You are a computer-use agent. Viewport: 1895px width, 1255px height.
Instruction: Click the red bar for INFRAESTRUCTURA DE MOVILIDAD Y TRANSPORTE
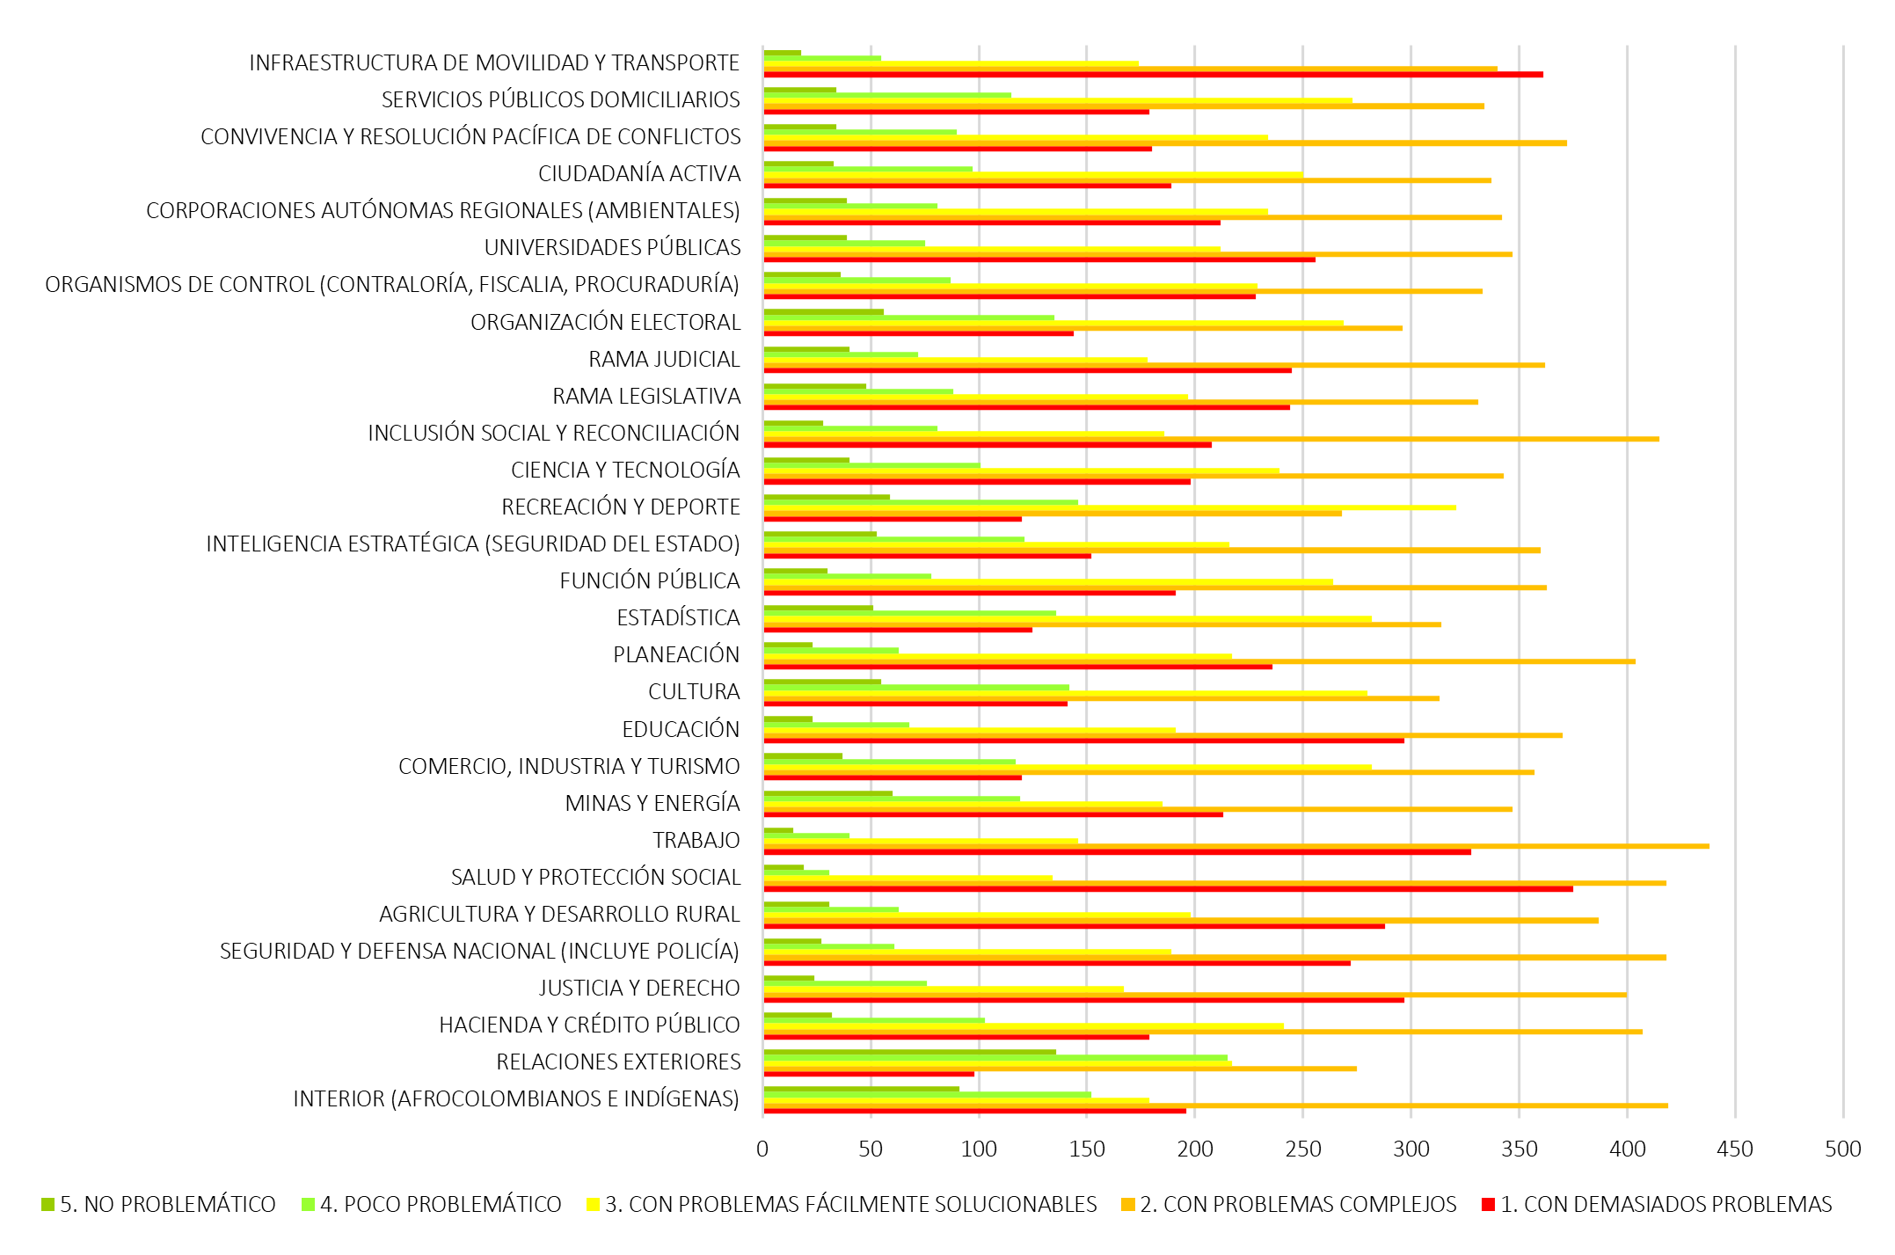point(1152,75)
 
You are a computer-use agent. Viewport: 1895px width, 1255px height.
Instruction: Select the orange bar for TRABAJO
point(1235,846)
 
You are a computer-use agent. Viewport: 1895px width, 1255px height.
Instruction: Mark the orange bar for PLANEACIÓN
point(1199,661)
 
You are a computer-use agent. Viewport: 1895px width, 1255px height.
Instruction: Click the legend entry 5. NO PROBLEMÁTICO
point(158,1204)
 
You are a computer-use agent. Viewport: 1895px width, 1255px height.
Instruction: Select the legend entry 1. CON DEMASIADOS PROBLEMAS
point(1657,1204)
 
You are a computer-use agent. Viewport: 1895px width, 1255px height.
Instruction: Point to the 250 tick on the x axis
point(1303,1149)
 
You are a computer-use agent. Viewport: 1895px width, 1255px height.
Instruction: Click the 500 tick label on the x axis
point(1843,1149)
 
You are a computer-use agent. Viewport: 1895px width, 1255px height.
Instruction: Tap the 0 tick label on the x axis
point(762,1149)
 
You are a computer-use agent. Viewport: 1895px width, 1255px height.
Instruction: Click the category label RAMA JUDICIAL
point(664,359)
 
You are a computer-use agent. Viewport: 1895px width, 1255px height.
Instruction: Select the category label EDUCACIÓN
point(681,729)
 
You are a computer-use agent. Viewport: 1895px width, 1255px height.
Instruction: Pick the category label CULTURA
point(694,692)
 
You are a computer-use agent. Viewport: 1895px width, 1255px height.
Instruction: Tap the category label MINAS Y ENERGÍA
point(652,803)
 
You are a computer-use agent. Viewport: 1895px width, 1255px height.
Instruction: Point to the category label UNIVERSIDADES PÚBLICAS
point(612,248)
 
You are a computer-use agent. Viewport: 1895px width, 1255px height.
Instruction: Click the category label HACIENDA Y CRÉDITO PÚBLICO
point(589,1025)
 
